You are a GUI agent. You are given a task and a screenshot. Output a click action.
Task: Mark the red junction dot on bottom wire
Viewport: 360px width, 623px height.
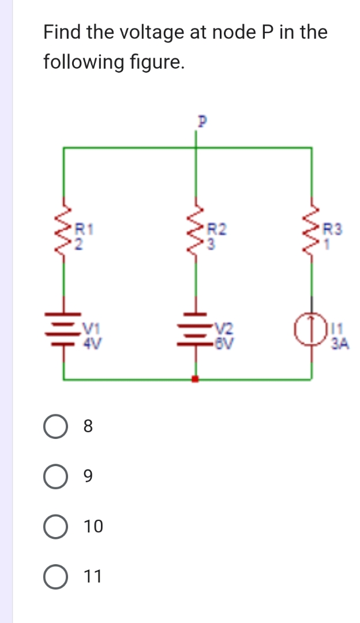coord(195,379)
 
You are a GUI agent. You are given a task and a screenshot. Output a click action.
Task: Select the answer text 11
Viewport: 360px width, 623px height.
coord(93,576)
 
